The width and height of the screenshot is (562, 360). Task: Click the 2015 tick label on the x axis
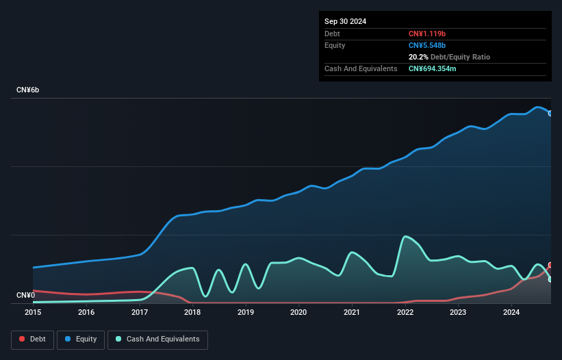[x=33, y=312]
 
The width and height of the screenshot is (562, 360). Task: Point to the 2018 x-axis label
[x=192, y=312]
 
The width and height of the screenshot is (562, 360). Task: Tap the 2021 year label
[x=352, y=312]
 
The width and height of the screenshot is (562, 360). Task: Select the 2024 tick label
[x=511, y=312]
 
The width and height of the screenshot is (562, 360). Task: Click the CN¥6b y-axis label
[x=28, y=90]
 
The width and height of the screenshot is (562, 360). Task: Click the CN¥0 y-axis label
[x=25, y=296]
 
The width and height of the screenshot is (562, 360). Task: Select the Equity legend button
[x=81, y=339]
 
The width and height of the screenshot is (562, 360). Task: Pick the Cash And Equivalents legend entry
[x=157, y=339]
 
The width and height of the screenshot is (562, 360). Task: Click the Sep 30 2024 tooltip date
[x=346, y=21]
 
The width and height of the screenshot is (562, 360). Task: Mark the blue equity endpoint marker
[x=550, y=114]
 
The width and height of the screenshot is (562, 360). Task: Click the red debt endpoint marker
[x=550, y=265]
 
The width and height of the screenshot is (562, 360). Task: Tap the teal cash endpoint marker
[x=550, y=279]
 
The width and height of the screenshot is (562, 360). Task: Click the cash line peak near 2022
[x=405, y=236]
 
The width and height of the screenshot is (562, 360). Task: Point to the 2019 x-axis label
[x=246, y=312]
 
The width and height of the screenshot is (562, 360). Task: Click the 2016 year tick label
[x=86, y=312]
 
